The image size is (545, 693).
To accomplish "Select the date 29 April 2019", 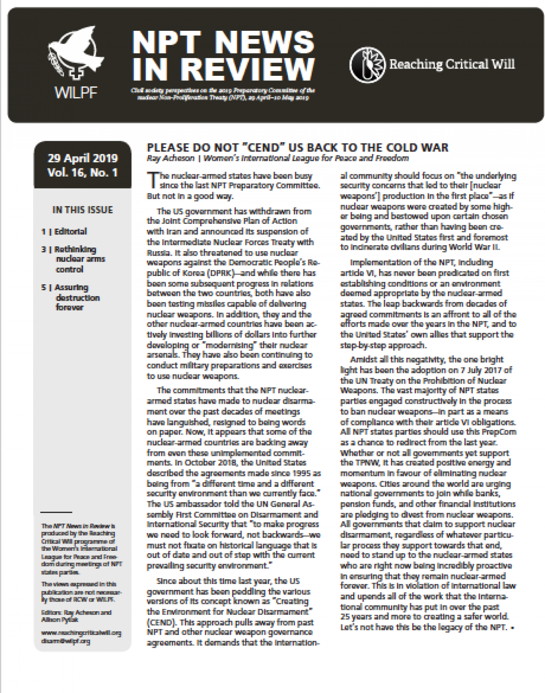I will pos(83,158).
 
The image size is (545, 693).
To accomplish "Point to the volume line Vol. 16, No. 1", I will pos(82,173).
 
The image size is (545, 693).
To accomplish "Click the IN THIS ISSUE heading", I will pos(83,210).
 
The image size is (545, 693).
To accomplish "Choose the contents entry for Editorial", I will pos(70,231).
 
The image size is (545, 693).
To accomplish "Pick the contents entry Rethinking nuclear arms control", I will pos(75,259).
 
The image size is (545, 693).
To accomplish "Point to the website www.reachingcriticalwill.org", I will pos(81,633).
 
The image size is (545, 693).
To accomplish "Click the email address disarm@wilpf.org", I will pos(65,641).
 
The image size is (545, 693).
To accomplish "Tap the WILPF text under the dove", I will pos(76,93).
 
